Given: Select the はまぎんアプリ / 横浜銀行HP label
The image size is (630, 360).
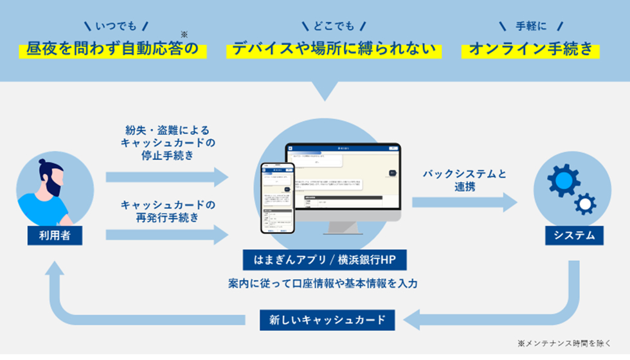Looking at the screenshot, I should tap(324, 259).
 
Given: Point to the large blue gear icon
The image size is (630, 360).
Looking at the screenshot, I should tap(564, 180).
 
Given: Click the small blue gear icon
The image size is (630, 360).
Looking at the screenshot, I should tap(585, 204).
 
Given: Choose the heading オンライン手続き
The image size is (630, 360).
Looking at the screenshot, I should tap(530, 49).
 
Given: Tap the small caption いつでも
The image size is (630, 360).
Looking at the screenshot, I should tap(116, 26).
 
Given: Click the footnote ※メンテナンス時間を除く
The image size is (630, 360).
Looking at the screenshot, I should tap(565, 344).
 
